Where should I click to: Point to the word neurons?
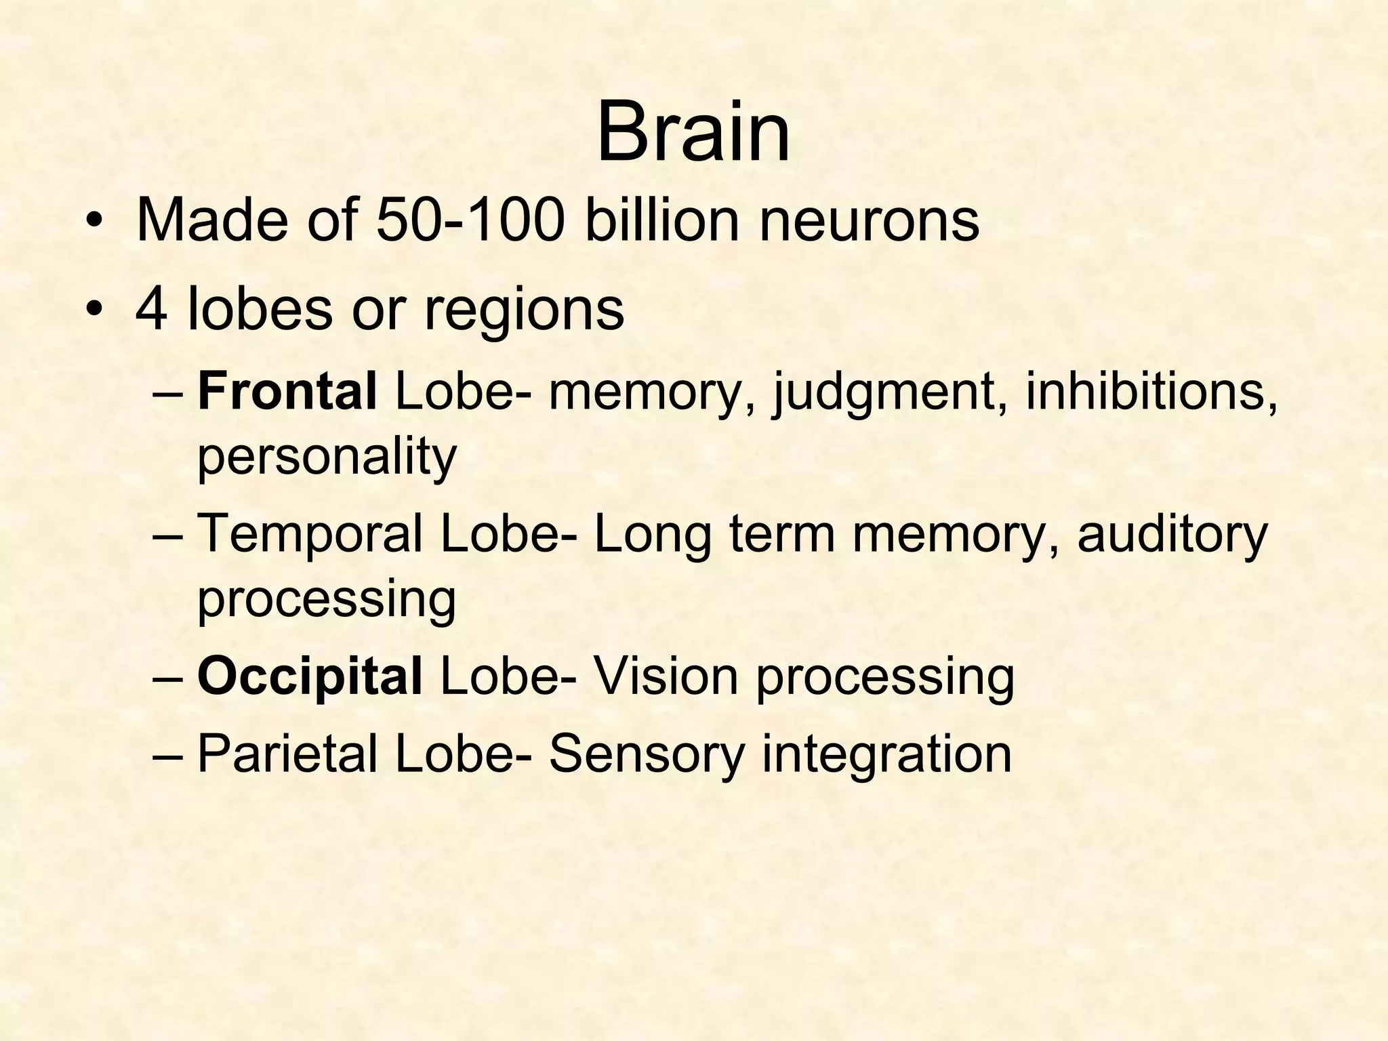tap(869, 222)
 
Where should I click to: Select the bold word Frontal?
tap(287, 392)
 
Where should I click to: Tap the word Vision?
tap(665, 677)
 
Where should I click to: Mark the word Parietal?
tap(287, 754)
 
